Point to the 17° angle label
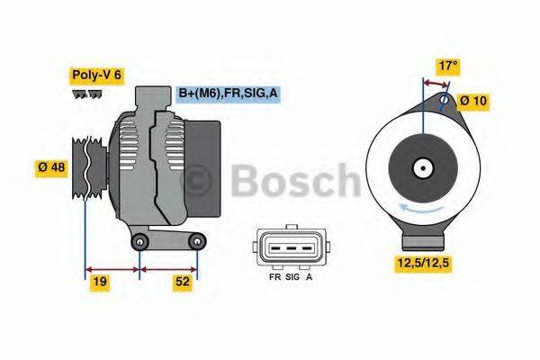tap(448, 65)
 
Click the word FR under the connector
tap(274, 278)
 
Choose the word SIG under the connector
tap(292, 278)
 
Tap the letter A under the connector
tap(310, 278)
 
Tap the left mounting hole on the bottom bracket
tap(139, 244)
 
